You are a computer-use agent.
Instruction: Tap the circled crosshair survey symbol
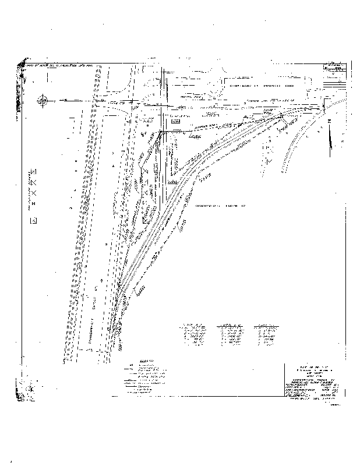point(43,101)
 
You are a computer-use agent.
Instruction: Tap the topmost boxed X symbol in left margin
point(33,171)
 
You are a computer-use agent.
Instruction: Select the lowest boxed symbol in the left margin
point(33,220)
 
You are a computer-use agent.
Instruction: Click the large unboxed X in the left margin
point(33,192)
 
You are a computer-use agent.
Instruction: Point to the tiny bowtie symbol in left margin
point(33,203)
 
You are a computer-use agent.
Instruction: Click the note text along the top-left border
point(58,65)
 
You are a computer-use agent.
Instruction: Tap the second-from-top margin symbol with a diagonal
point(33,182)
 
